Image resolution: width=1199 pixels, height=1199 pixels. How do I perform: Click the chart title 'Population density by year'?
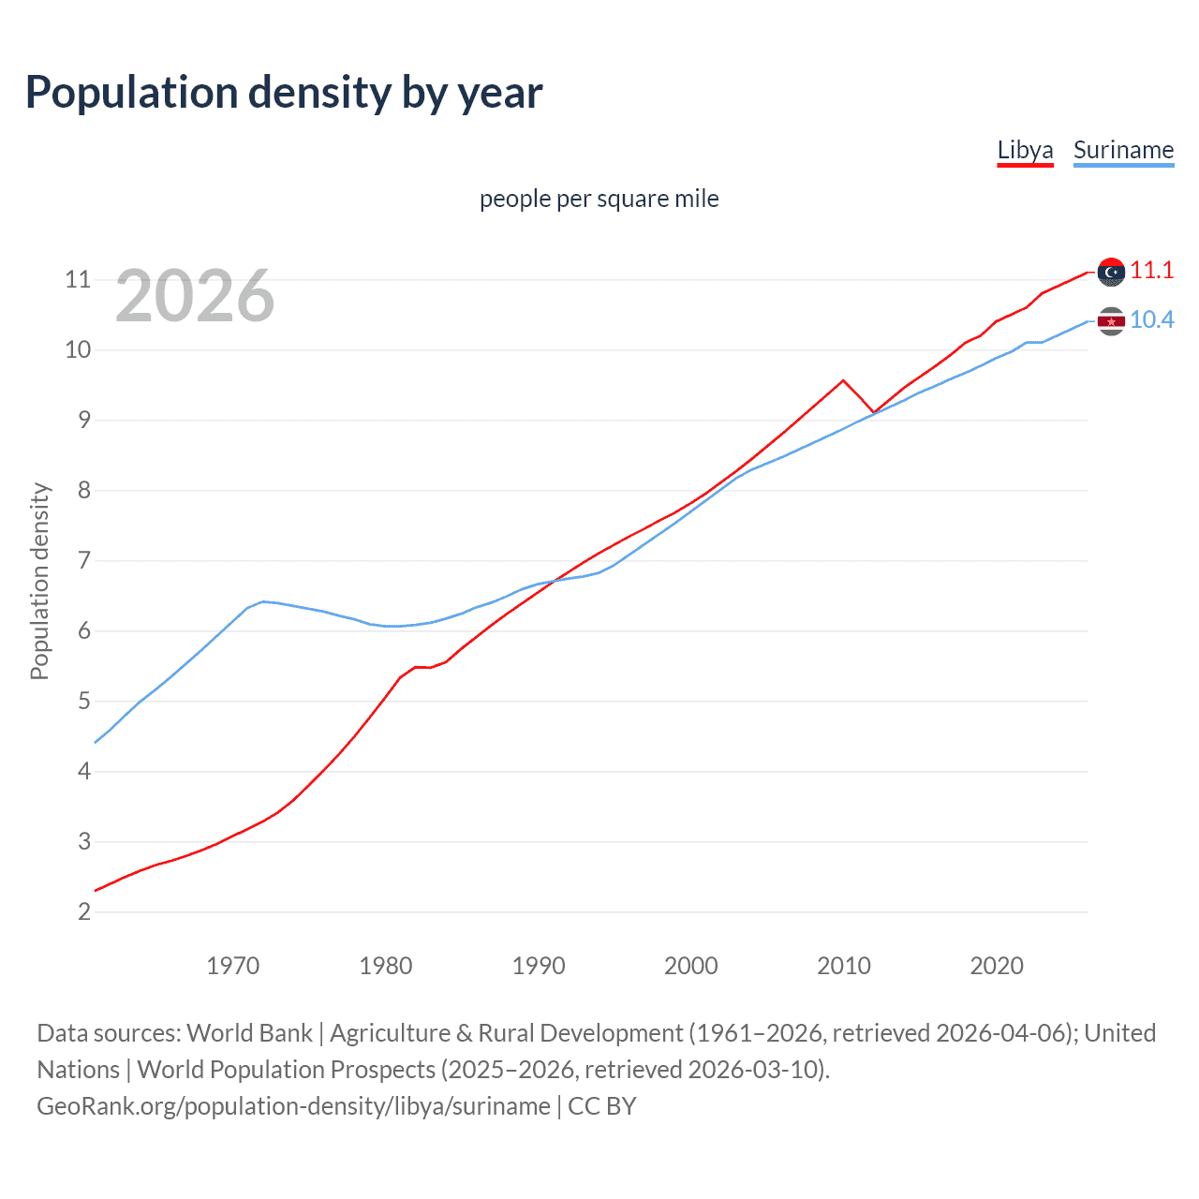pos(284,93)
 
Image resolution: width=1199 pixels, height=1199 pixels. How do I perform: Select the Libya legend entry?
pos(1025,150)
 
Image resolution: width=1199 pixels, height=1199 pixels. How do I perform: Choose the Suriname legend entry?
pos(1123,150)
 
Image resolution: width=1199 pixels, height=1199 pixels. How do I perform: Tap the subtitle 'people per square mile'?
pos(599,199)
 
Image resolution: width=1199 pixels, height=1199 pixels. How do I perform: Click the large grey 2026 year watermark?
pos(195,296)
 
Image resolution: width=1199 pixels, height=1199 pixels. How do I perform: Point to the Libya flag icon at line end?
pos(1111,272)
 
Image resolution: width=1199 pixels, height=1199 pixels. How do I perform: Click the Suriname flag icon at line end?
pos(1111,321)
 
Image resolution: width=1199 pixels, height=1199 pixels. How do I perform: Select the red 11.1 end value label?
pos(1151,270)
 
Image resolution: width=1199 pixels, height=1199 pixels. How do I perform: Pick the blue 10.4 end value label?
pos(1151,319)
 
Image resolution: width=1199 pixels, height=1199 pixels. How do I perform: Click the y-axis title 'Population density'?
pos(39,581)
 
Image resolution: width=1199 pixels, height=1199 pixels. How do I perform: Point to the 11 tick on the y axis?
pos(78,279)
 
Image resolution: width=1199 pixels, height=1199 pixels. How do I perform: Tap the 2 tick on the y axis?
pos(84,911)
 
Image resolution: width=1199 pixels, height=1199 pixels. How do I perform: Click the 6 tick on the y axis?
pos(84,630)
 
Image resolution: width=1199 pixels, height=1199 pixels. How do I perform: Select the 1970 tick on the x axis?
pos(232,966)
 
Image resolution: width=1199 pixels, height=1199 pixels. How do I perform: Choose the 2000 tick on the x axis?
pos(690,966)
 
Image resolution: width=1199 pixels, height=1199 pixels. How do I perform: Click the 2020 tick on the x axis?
pos(996,966)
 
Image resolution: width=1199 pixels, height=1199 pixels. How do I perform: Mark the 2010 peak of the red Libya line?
pos(843,380)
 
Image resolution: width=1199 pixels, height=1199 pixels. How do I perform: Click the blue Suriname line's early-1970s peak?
pos(263,601)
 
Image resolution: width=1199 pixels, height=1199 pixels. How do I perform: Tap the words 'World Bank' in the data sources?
pos(249,1033)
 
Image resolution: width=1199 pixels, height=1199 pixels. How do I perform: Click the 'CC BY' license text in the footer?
pos(602,1106)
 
